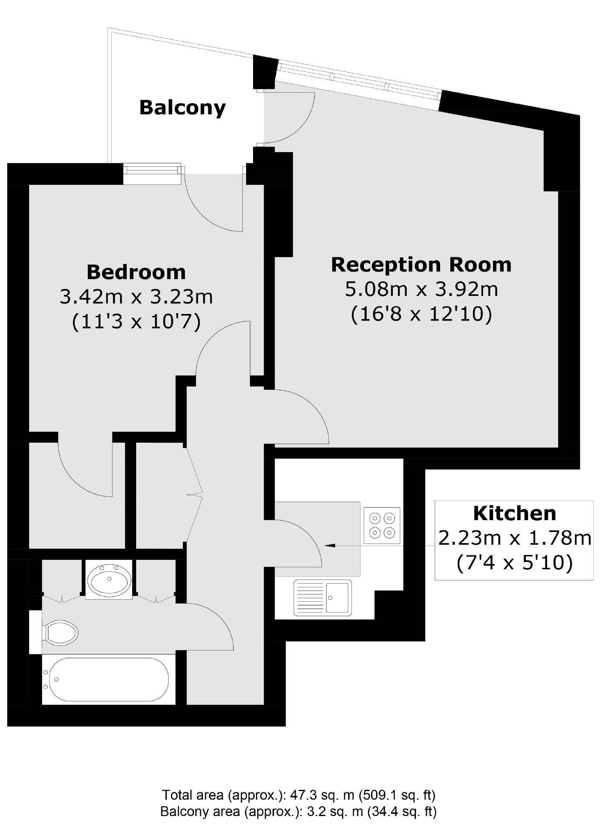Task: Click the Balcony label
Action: click(x=183, y=108)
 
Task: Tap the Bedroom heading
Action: click(x=136, y=272)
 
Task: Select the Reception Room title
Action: click(x=421, y=264)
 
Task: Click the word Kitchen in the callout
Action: click(x=514, y=513)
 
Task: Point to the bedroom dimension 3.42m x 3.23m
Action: click(x=136, y=297)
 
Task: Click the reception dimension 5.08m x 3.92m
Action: click(x=421, y=289)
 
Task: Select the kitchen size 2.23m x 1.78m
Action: click(x=514, y=538)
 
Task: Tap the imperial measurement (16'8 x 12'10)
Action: click(x=421, y=315)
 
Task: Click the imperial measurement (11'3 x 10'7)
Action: click(x=136, y=322)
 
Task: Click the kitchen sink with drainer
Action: click(x=323, y=597)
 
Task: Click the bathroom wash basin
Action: click(x=109, y=580)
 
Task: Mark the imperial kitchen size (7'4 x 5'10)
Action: click(x=514, y=563)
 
